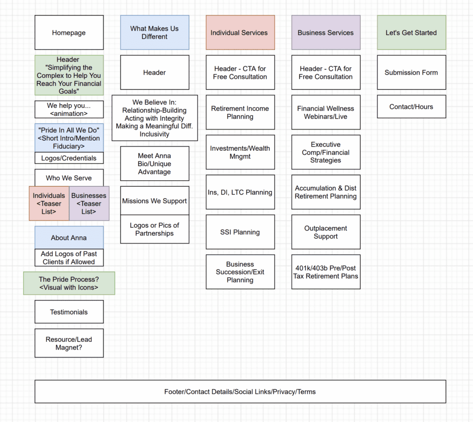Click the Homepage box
[69, 33]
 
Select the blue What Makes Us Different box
[154, 32]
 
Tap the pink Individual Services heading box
[240, 33]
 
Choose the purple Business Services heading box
[326, 33]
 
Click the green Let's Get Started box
[411, 33]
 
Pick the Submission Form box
[411, 72]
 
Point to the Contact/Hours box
[411, 107]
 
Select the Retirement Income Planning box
[240, 113]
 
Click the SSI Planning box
[240, 232]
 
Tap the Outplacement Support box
[326, 232]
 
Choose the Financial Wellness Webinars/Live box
[326, 113]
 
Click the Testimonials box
[69, 312]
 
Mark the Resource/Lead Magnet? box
[69, 343]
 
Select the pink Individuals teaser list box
[49, 203]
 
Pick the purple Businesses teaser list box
[89, 203]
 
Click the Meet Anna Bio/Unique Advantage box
[154, 164]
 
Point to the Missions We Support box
[154, 201]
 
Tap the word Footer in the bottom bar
[174, 392]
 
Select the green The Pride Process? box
[69, 283]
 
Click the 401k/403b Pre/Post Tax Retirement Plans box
[326, 272]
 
